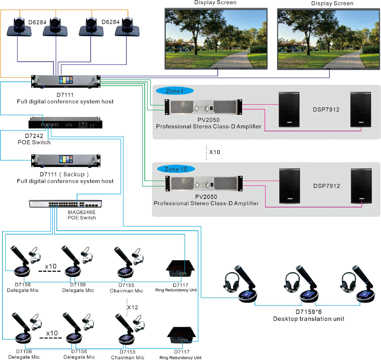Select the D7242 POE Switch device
(66, 123)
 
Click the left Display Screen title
(215, 3)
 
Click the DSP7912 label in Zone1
(326, 109)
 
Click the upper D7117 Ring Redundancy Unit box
(180, 270)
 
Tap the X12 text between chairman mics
(132, 307)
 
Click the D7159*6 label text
(309, 311)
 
